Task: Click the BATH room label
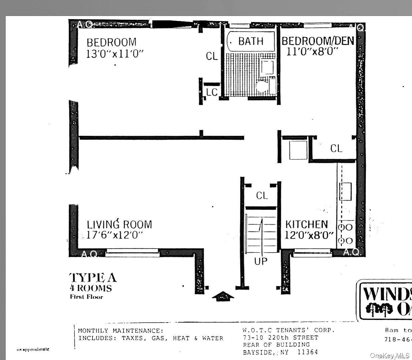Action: pos(251,41)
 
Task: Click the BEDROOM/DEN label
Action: pos(318,41)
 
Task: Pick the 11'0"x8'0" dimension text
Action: pos(313,52)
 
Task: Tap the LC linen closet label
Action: pos(212,92)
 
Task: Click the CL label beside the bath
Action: pos(212,56)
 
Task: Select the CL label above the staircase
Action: pos(262,196)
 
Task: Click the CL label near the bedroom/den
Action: pos(336,148)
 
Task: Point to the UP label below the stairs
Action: pos(261,261)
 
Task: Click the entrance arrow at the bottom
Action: pos(223,296)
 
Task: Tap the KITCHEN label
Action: pos(306,224)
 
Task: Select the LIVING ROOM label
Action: pos(119,224)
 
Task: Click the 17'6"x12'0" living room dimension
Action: pos(115,235)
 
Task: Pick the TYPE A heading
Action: pos(93,278)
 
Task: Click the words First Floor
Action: pos(86,297)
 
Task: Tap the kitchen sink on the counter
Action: pos(346,192)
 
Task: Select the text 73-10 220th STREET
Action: pos(280,338)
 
